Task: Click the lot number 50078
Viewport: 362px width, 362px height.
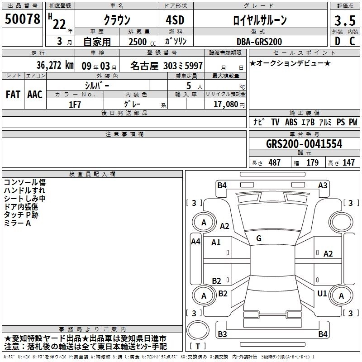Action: [22, 19]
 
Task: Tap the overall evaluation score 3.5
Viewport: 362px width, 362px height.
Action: [345, 20]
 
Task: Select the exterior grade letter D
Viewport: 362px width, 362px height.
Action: [338, 41]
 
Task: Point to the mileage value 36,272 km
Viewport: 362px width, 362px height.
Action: [55, 65]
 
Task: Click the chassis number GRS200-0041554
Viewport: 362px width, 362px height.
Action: [304, 144]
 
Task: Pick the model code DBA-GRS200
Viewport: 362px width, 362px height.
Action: [259, 42]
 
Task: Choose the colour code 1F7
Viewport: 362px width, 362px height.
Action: [75, 105]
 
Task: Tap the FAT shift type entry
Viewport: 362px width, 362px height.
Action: [13, 95]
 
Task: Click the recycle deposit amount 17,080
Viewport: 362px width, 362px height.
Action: [226, 104]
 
